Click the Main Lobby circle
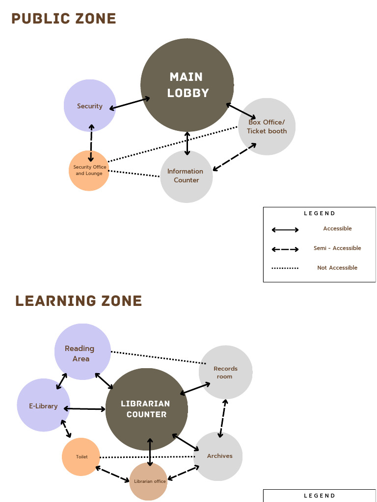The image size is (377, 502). point(187,85)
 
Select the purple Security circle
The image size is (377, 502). point(90,105)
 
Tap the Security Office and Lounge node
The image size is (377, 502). point(89,170)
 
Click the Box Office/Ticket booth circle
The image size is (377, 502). point(267,126)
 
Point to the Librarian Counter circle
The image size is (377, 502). point(147,409)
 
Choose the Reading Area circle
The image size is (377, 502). point(82,351)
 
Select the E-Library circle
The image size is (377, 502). point(43,405)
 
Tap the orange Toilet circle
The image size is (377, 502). point(81,456)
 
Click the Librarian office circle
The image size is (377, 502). point(149,481)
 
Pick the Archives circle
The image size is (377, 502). point(219,456)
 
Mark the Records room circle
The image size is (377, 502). point(225,372)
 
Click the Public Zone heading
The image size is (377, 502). point(64,19)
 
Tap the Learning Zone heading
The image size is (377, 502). point(79,301)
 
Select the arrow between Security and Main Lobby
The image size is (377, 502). point(130,103)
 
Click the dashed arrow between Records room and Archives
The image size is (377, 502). point(223,418)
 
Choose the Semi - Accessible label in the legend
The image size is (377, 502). point(337,248)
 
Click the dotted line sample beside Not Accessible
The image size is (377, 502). point(285,268)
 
